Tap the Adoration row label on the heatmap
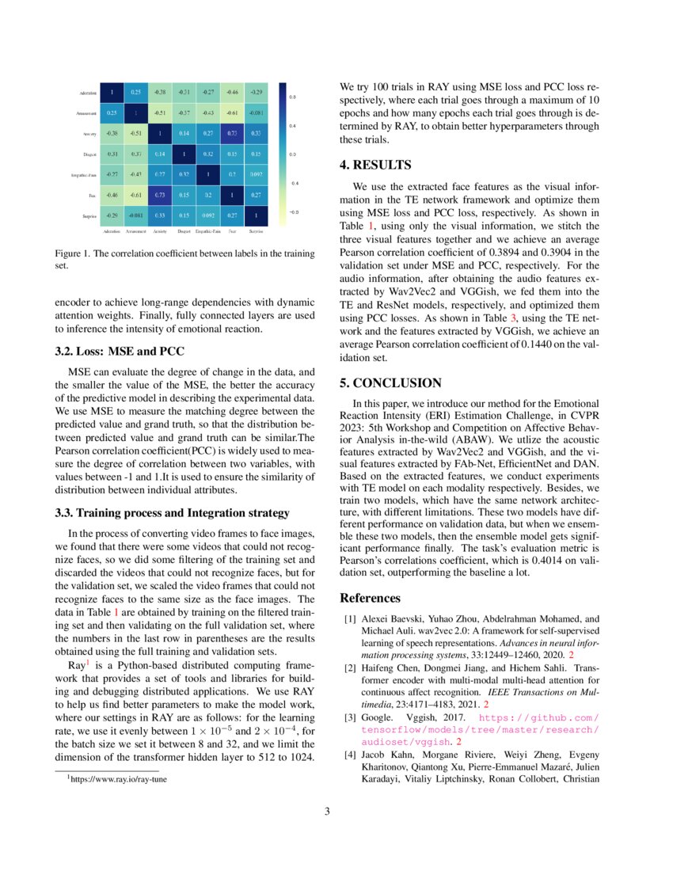click(x=89, y=93)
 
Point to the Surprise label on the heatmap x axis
click(x=257, y=232)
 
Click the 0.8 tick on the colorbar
click(x=292, y=97)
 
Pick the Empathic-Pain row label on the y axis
click(x=82, y=174)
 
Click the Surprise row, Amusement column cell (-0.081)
click(x=135, y=215)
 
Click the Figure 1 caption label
click(x=74, y=255)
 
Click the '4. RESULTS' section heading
click(x=376, y=165)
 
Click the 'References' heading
click(x=370, y=598)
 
